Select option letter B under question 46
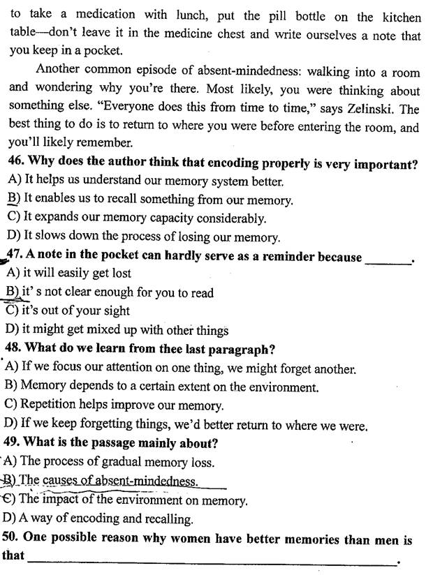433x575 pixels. point(13,200)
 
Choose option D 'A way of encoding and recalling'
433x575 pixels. point(98,518)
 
